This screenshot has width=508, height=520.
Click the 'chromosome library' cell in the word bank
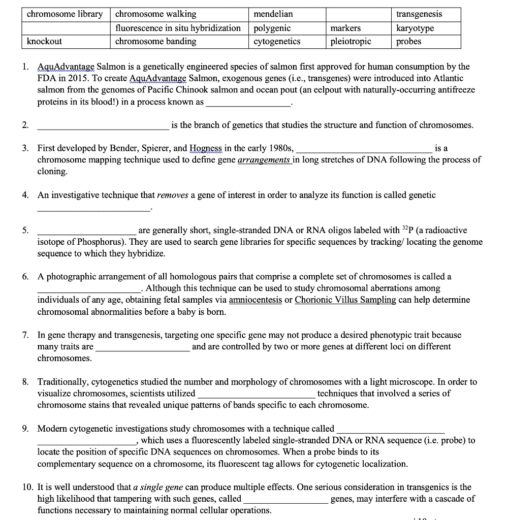coord(65,14)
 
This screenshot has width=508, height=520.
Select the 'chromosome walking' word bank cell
coord(156,14)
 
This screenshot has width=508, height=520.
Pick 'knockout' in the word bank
coord(44,41)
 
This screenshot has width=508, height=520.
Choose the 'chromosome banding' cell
coord(156,41)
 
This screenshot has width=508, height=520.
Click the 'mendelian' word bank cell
coord(273,14)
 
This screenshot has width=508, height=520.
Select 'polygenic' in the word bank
coord(272,28)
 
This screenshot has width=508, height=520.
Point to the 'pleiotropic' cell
coord(351,41)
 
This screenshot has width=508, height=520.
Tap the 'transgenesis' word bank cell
coord(419,14)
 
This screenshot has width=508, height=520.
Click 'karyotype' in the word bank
coord(415,28)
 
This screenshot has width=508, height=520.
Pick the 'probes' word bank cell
coord(409,41)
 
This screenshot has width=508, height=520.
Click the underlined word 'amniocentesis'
coord(256,300)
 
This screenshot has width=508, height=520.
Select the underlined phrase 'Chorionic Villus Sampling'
coord(345,300)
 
